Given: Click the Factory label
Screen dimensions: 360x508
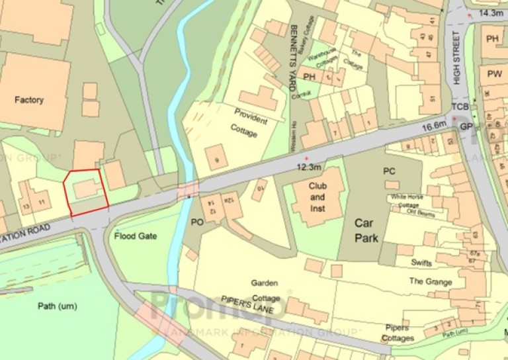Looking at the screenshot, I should (29, 100).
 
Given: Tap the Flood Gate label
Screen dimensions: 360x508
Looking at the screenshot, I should (134, 236).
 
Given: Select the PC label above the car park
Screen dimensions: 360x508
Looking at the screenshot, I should (389, 171).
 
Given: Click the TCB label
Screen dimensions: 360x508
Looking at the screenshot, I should (460, 107).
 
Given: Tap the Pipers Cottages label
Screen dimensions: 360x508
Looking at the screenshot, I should (398, 333).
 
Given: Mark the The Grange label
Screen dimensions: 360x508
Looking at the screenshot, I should (430, 282).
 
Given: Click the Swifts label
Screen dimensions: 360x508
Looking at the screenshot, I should (421, 263).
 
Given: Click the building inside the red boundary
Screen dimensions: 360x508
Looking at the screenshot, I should (85, 189).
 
